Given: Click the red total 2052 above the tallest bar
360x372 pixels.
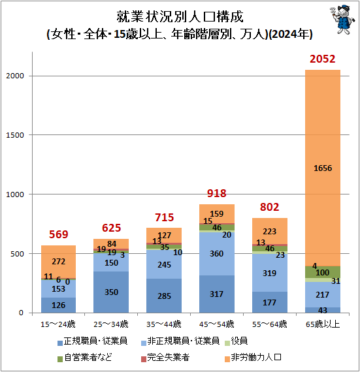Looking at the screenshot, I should (x=323, y=60).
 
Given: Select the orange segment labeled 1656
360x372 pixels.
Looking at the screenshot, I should (x=323, y=168).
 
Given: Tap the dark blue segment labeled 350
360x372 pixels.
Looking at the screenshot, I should (x=111, y=292).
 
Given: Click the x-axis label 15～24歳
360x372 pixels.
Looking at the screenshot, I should (x=58, y=324).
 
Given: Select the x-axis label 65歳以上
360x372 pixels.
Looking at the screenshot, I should (x=323, y=324).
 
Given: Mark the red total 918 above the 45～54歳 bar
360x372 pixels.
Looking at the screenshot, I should (x=217, y=193).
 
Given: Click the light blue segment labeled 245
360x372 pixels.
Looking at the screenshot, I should (x=164, y=264).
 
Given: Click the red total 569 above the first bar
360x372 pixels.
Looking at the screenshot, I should (x=58, y=234).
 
